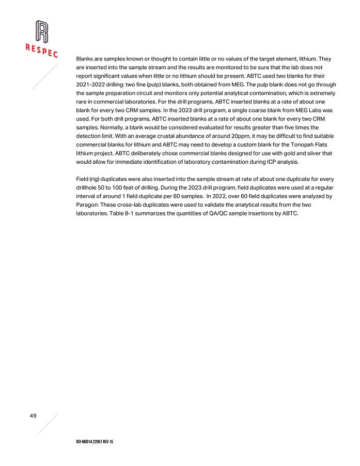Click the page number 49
point(33,416)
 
